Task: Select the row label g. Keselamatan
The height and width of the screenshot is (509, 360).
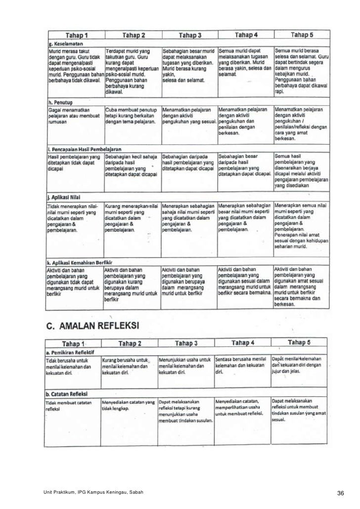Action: pos(64,44)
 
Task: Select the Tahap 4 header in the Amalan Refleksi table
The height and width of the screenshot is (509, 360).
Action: pos(243,342)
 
